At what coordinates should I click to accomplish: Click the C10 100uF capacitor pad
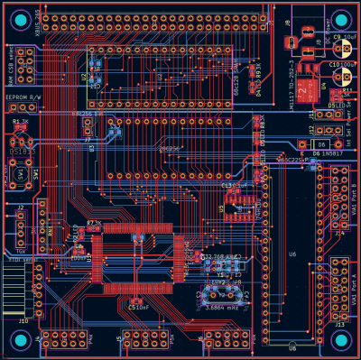(x=341, y=66)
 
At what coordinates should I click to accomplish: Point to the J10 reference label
(x=23, y=319)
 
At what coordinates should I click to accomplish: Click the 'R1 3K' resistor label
(x=20, y=120)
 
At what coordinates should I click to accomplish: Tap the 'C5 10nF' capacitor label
(x=139, y=308)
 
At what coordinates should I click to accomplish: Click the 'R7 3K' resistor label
(x=93, y=221)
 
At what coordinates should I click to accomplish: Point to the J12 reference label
(x=312, y=115)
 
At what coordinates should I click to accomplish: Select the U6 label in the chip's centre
(x=292, y=254)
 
